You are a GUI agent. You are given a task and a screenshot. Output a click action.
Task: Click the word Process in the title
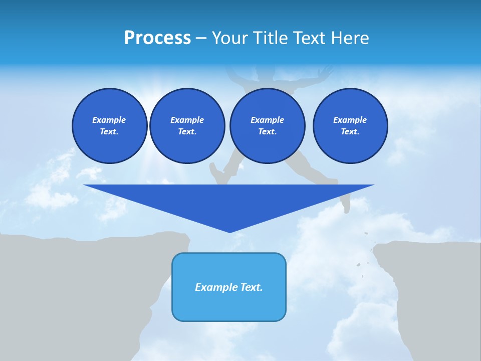click(x=157, y=38)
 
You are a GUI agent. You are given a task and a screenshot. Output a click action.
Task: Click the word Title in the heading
click(x=269, y=38)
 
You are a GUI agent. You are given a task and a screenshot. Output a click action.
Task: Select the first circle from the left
click(x=109, y=126)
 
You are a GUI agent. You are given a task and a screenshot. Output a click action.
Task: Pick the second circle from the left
click(x=187, y=126)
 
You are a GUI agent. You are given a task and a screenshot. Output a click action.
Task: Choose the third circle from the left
click(x=267, y=126)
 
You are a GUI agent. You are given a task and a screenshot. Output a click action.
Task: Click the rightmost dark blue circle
click(x=350, y=126)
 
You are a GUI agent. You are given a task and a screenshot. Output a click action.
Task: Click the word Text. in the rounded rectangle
click(x=252, y=287)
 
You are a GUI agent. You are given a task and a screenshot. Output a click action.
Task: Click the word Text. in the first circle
click(x=109, y=132)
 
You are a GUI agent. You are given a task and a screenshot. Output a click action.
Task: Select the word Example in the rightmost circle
click(x=350, y=120)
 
